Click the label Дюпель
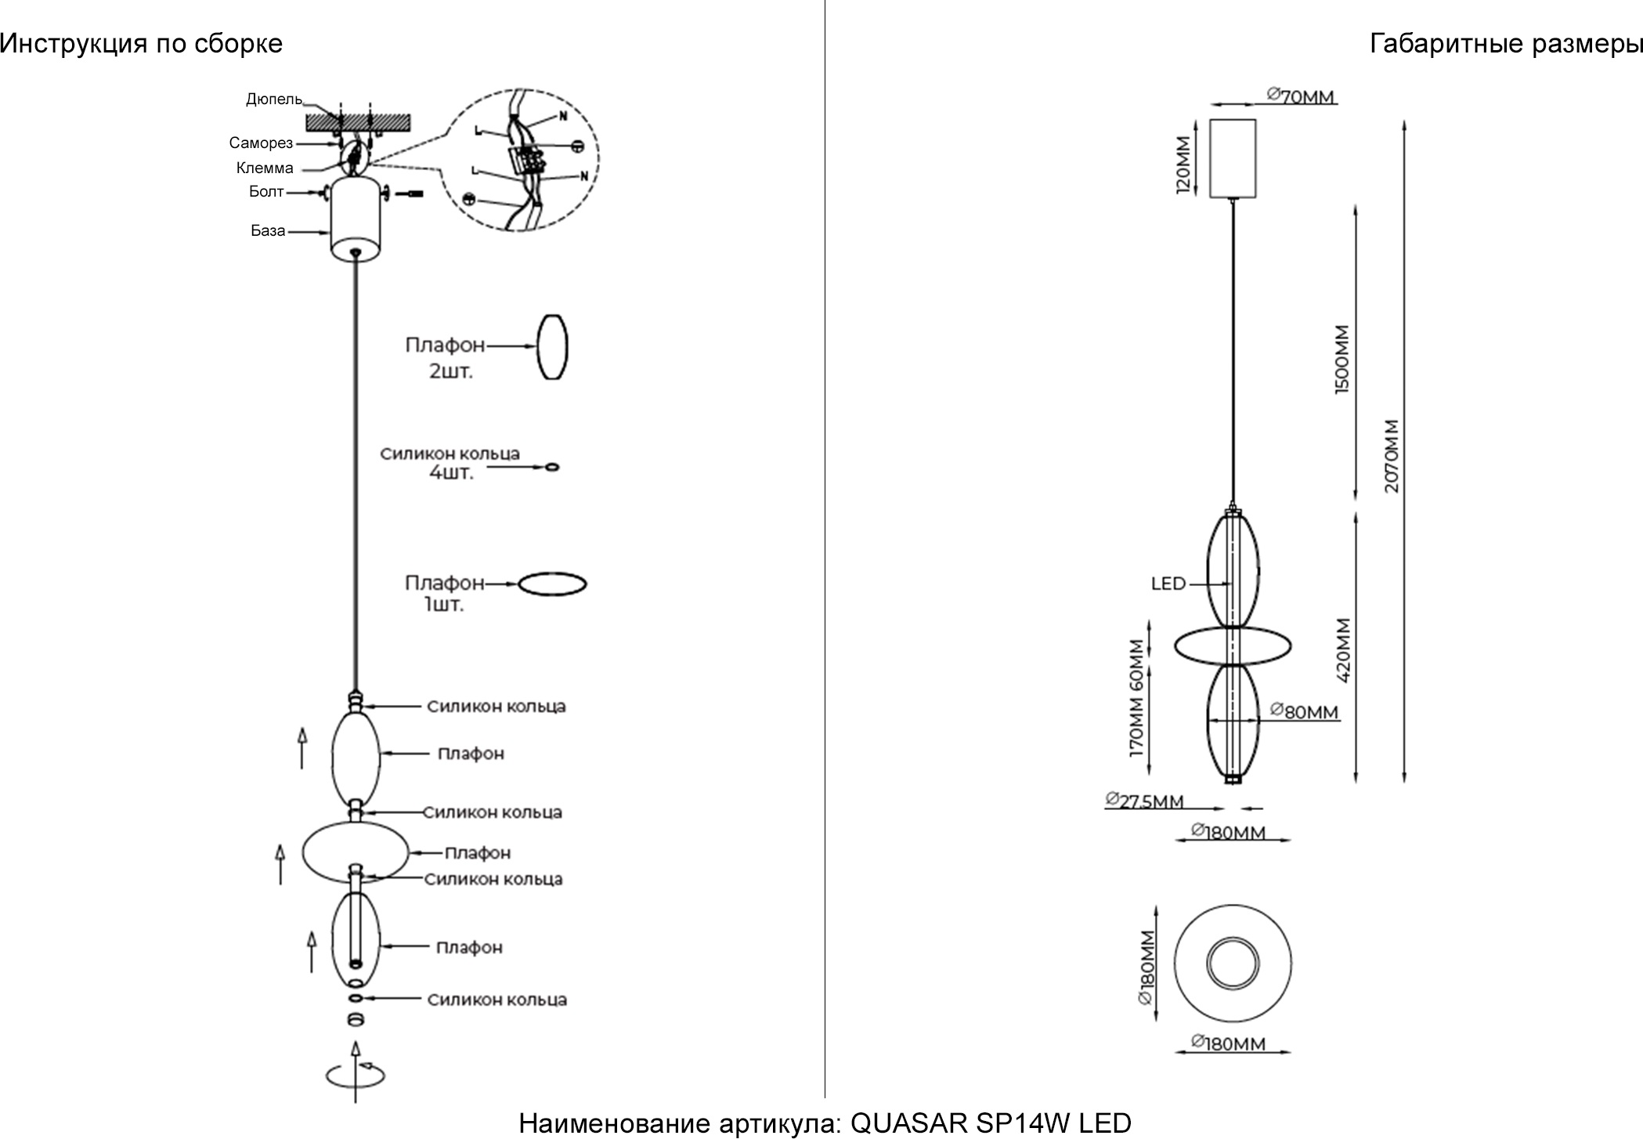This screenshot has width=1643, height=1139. [x=273, y=99]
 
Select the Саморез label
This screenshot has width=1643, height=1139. [x=261, y=143]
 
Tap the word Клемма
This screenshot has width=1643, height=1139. [x=265, y=168]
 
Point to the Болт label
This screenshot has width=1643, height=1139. [x=266, y=192]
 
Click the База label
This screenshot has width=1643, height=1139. [x=268, y=231]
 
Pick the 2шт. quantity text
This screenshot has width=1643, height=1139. [x=450, y=371]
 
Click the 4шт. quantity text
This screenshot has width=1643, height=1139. [x=451, y=472]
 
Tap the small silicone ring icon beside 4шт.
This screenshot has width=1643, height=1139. [x=552, y=467]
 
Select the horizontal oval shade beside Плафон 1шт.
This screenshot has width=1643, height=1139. [x=553, y=584]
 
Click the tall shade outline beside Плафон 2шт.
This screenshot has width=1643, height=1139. [x=552, y=347]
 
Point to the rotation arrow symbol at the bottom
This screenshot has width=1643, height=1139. [x=356, y=1074]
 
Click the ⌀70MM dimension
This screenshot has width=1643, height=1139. [x=1301, y=97]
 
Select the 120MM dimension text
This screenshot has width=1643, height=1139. [x=1183, y=165]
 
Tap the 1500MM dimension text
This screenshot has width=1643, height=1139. [x=1341, y=360]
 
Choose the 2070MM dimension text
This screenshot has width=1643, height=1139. [x=1391, y=456]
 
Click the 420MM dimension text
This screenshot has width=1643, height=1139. [x=1343, y=650]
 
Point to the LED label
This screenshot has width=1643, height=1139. [x=1168, y=584]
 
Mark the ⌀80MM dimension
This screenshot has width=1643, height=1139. [x=1304, y=712]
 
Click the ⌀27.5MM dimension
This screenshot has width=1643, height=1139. [x=1144, y=801]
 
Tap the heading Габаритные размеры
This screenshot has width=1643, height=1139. [x=1505, y=44]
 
